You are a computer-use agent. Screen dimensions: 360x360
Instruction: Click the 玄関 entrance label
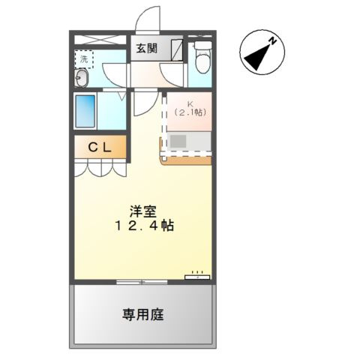(146, 49)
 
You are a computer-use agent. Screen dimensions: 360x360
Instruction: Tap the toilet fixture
(201, 56)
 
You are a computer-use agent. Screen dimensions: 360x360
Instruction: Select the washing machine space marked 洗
(84, 58)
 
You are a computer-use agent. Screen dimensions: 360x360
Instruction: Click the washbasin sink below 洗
(82, 77)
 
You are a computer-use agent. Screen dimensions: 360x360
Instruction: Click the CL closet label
(100, 147)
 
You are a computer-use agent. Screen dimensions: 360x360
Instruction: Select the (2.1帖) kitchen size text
(190, 112)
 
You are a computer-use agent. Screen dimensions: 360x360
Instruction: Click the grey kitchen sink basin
(178, 139)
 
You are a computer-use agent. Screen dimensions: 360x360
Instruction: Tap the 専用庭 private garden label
(142, 315)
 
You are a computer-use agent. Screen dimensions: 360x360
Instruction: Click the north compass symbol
(260, 54)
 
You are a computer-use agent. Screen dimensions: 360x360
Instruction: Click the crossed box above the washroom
(100, 37)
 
